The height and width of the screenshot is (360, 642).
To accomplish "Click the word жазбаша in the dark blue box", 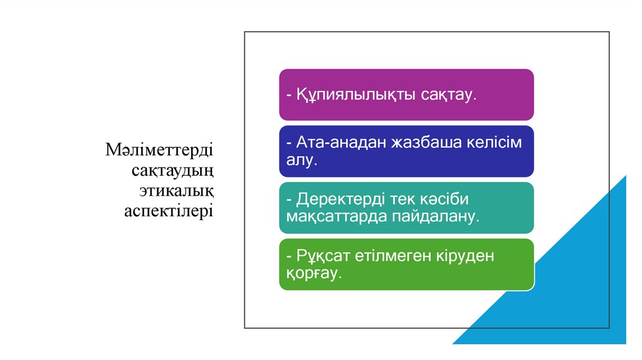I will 424,143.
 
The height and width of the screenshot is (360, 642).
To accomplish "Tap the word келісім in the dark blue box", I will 493,143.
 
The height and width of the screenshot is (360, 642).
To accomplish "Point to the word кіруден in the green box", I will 470,256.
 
